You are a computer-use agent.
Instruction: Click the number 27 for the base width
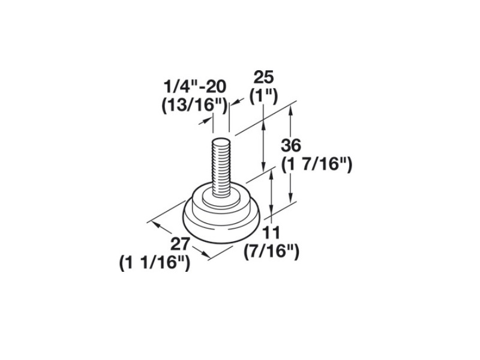(x=181, y=245)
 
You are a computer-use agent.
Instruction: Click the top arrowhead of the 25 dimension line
(x=263, y=122)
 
